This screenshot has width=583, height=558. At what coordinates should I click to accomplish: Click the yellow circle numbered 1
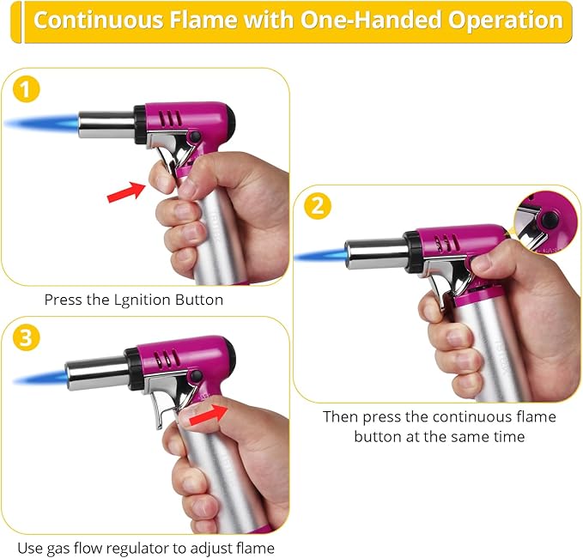(26, 89)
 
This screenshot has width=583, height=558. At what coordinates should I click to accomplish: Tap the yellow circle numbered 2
(318, 205)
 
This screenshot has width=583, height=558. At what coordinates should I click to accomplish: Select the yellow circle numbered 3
(26, 338)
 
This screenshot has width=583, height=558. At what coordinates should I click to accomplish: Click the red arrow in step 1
(125, 191)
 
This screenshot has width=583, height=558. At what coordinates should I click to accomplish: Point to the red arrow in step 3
(209, 415)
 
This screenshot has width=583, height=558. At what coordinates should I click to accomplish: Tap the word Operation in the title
(505, 21)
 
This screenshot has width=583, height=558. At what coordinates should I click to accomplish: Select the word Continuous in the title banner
(98, 20)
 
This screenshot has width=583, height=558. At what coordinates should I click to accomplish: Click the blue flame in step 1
(41, 122)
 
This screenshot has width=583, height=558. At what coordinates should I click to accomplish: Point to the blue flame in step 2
(319, 256)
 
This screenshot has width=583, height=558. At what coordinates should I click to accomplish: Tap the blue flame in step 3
(40, 378)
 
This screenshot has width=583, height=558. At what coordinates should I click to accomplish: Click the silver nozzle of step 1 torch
(106, 124)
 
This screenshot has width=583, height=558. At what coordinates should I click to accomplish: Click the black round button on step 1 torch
(194, 137)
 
